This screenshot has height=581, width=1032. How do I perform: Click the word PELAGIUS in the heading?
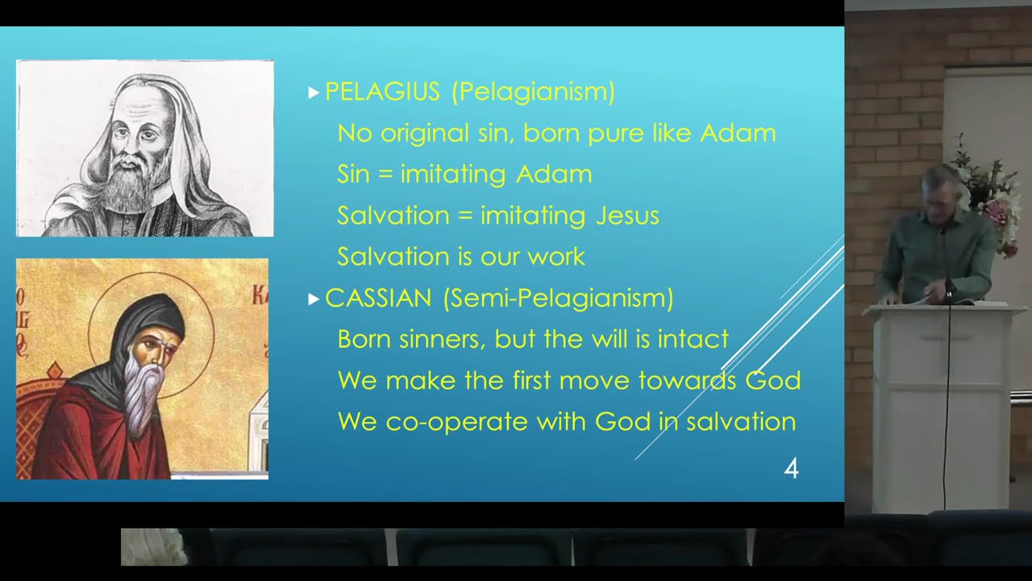(x=382, y=91)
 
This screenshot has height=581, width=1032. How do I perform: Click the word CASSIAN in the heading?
(x=378, y=298)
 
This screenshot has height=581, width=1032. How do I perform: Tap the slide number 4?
(x=791, y=469)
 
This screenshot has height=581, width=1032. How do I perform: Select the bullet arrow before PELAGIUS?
(x=314, y=93)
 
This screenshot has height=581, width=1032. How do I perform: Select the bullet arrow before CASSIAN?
(x=314, y=299)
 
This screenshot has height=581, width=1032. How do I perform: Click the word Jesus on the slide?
(x=627, y=215)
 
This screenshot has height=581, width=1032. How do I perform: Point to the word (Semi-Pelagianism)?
(x=558, y=298)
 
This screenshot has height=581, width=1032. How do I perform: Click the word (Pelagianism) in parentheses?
(x=534, y=92)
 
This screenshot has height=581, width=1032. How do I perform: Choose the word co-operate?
(x=456, y=421)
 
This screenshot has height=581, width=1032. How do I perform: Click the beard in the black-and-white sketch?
(x=127, y=189)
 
